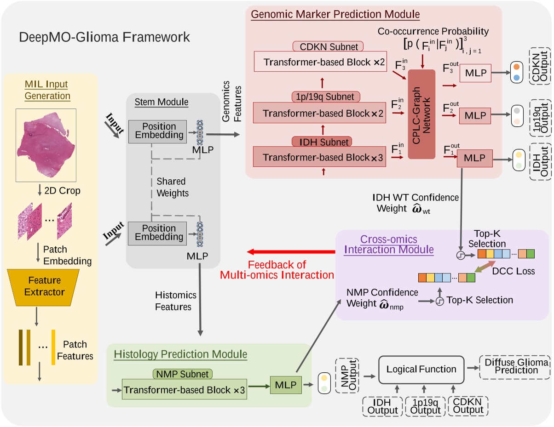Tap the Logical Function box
pyautogui.click(x=421, y=369)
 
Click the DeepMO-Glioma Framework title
pyautogui.click(x=104, y=37)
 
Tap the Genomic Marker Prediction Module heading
pyautogui.click(x=335, y=15)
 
